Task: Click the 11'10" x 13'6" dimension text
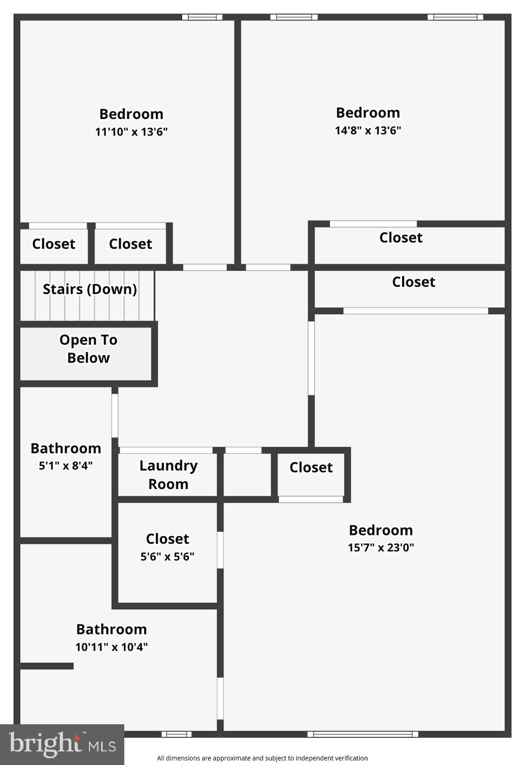[x=131, y=131]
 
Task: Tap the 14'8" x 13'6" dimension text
[x=368, y=130]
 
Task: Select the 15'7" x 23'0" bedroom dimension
[x=381, y=547]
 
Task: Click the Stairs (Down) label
[x=90, y=289]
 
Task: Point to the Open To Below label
[x=89, y=349]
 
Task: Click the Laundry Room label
[x=168, y=475]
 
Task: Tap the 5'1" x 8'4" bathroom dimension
[x=66, y=466]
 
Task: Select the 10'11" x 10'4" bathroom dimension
[x=111, y=646]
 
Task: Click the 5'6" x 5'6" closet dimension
[x=167, y=556]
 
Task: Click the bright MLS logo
[x=62, y=744]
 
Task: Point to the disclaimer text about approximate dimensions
[x=262, y=758]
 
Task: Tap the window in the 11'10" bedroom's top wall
[x=202, y=17]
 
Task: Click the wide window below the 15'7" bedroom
[x=363, y=734]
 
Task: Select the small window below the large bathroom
[x=176, y=734]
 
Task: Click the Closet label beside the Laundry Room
[x=311, y=467]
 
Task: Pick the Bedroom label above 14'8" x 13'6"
[x=368, y=113]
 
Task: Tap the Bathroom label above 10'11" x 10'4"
[x=111, y=629]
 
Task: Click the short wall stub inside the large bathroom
[x=47, y=665]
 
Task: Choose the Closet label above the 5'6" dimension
[x=167, y=538]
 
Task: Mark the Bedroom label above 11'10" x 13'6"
[x=131, y=114]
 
